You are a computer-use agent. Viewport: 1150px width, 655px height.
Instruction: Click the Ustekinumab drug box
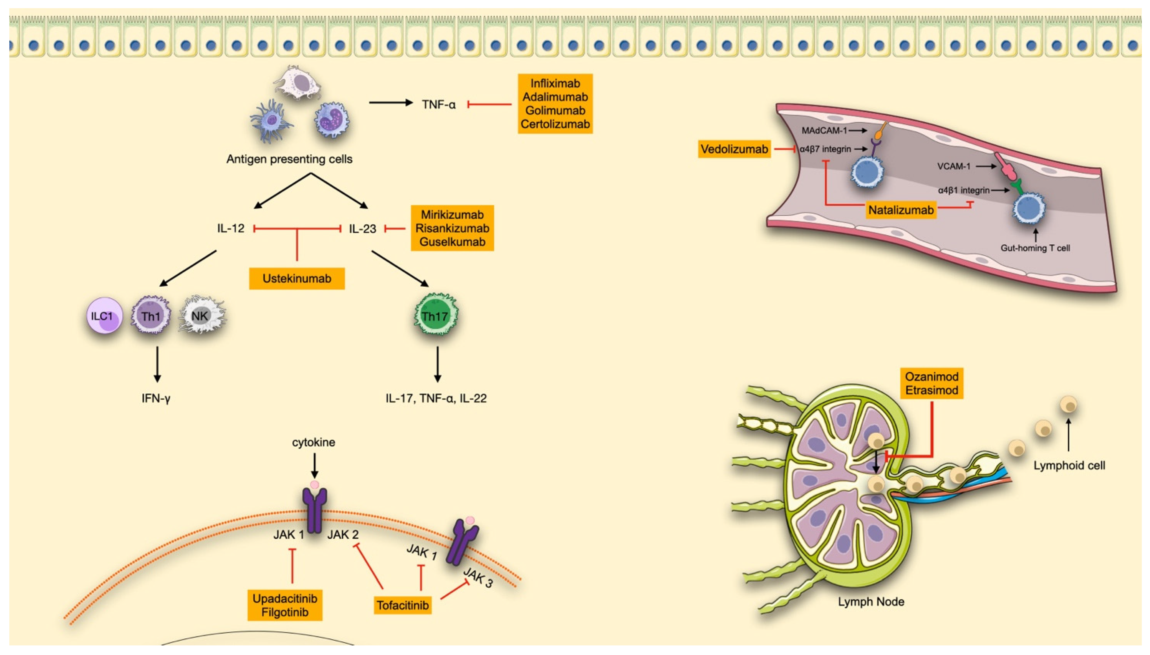click(x=297, y=278)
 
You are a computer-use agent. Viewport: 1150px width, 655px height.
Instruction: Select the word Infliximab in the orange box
click(x=555, y=84)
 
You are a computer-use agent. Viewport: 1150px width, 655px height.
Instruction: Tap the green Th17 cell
click(x=435, y=316)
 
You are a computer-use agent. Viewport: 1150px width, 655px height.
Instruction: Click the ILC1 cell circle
click(x=104, y=316)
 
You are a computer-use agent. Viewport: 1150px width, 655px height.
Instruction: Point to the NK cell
click(x=201, y=316)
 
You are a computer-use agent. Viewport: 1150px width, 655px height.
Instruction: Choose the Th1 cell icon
click(x=151, y=316)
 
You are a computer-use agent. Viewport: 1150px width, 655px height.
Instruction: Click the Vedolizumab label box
click(x=734, y=149)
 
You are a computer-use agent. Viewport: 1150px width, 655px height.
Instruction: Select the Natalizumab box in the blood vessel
click(x=901, y=210)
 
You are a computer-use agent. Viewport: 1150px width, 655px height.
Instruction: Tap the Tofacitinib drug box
click(x=402, y=605)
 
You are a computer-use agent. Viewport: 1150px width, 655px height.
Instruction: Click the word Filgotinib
click(x=285, y=612)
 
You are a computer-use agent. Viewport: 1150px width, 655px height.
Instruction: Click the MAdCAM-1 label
click(x=824, y=131)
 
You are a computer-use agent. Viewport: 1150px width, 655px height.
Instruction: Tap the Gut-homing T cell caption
click(x=1035, y=248)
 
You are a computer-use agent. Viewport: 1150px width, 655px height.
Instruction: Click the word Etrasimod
click(x=931, y=390)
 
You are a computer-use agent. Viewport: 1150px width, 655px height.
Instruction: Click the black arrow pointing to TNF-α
click(x=390, y=103)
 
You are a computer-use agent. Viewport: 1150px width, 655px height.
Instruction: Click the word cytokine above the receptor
click(x=314, y=442)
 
